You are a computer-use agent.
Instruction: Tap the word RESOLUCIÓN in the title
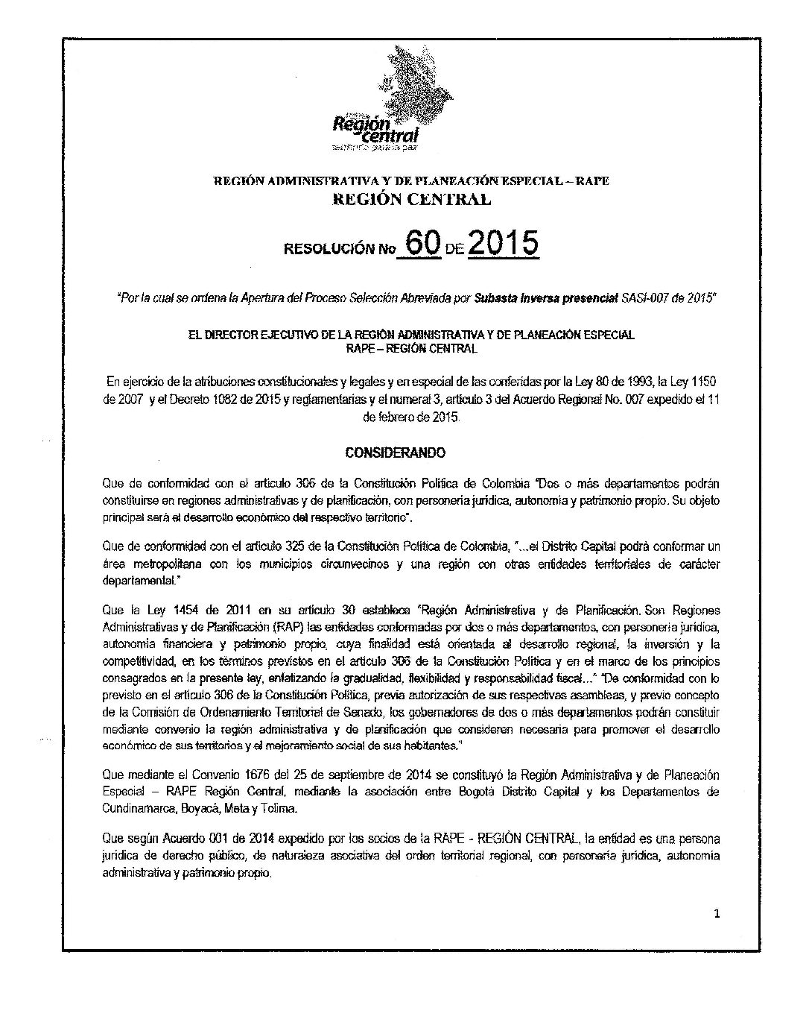pos(327,250)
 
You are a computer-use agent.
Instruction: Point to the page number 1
pos(716,916)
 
